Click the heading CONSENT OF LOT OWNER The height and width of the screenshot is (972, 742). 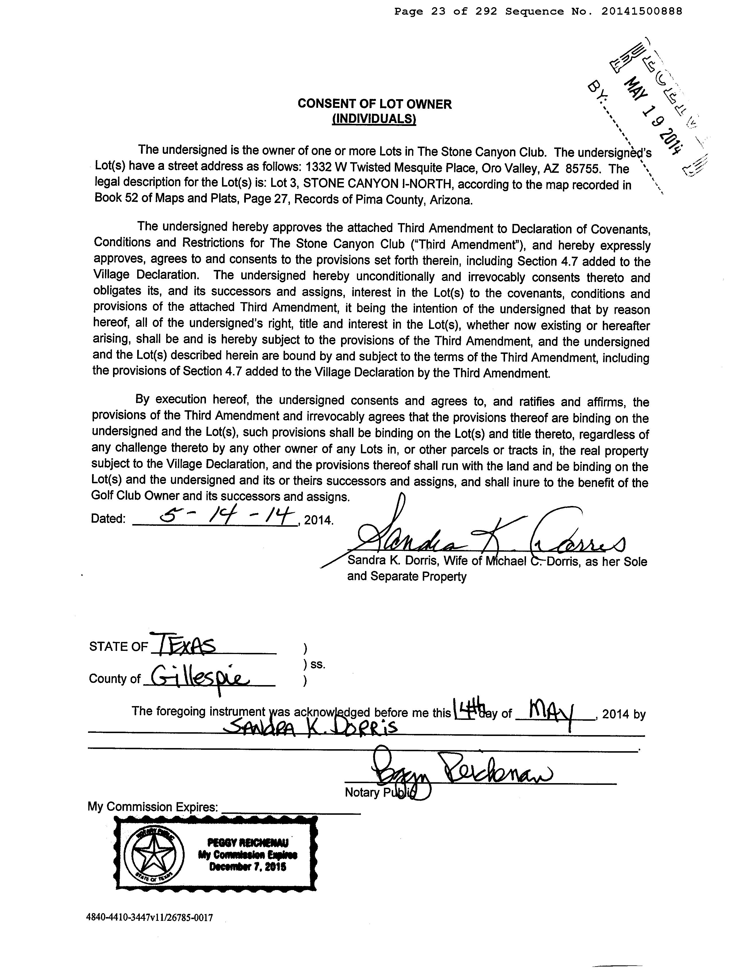coord(374,104)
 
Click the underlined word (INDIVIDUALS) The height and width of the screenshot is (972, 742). coord(374,119)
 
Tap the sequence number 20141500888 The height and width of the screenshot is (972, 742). coord(642,11)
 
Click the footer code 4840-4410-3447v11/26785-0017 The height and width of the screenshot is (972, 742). coord(150,918)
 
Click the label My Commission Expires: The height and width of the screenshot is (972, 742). coord(153,807)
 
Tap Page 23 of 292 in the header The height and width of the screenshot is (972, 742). coord(446,11)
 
